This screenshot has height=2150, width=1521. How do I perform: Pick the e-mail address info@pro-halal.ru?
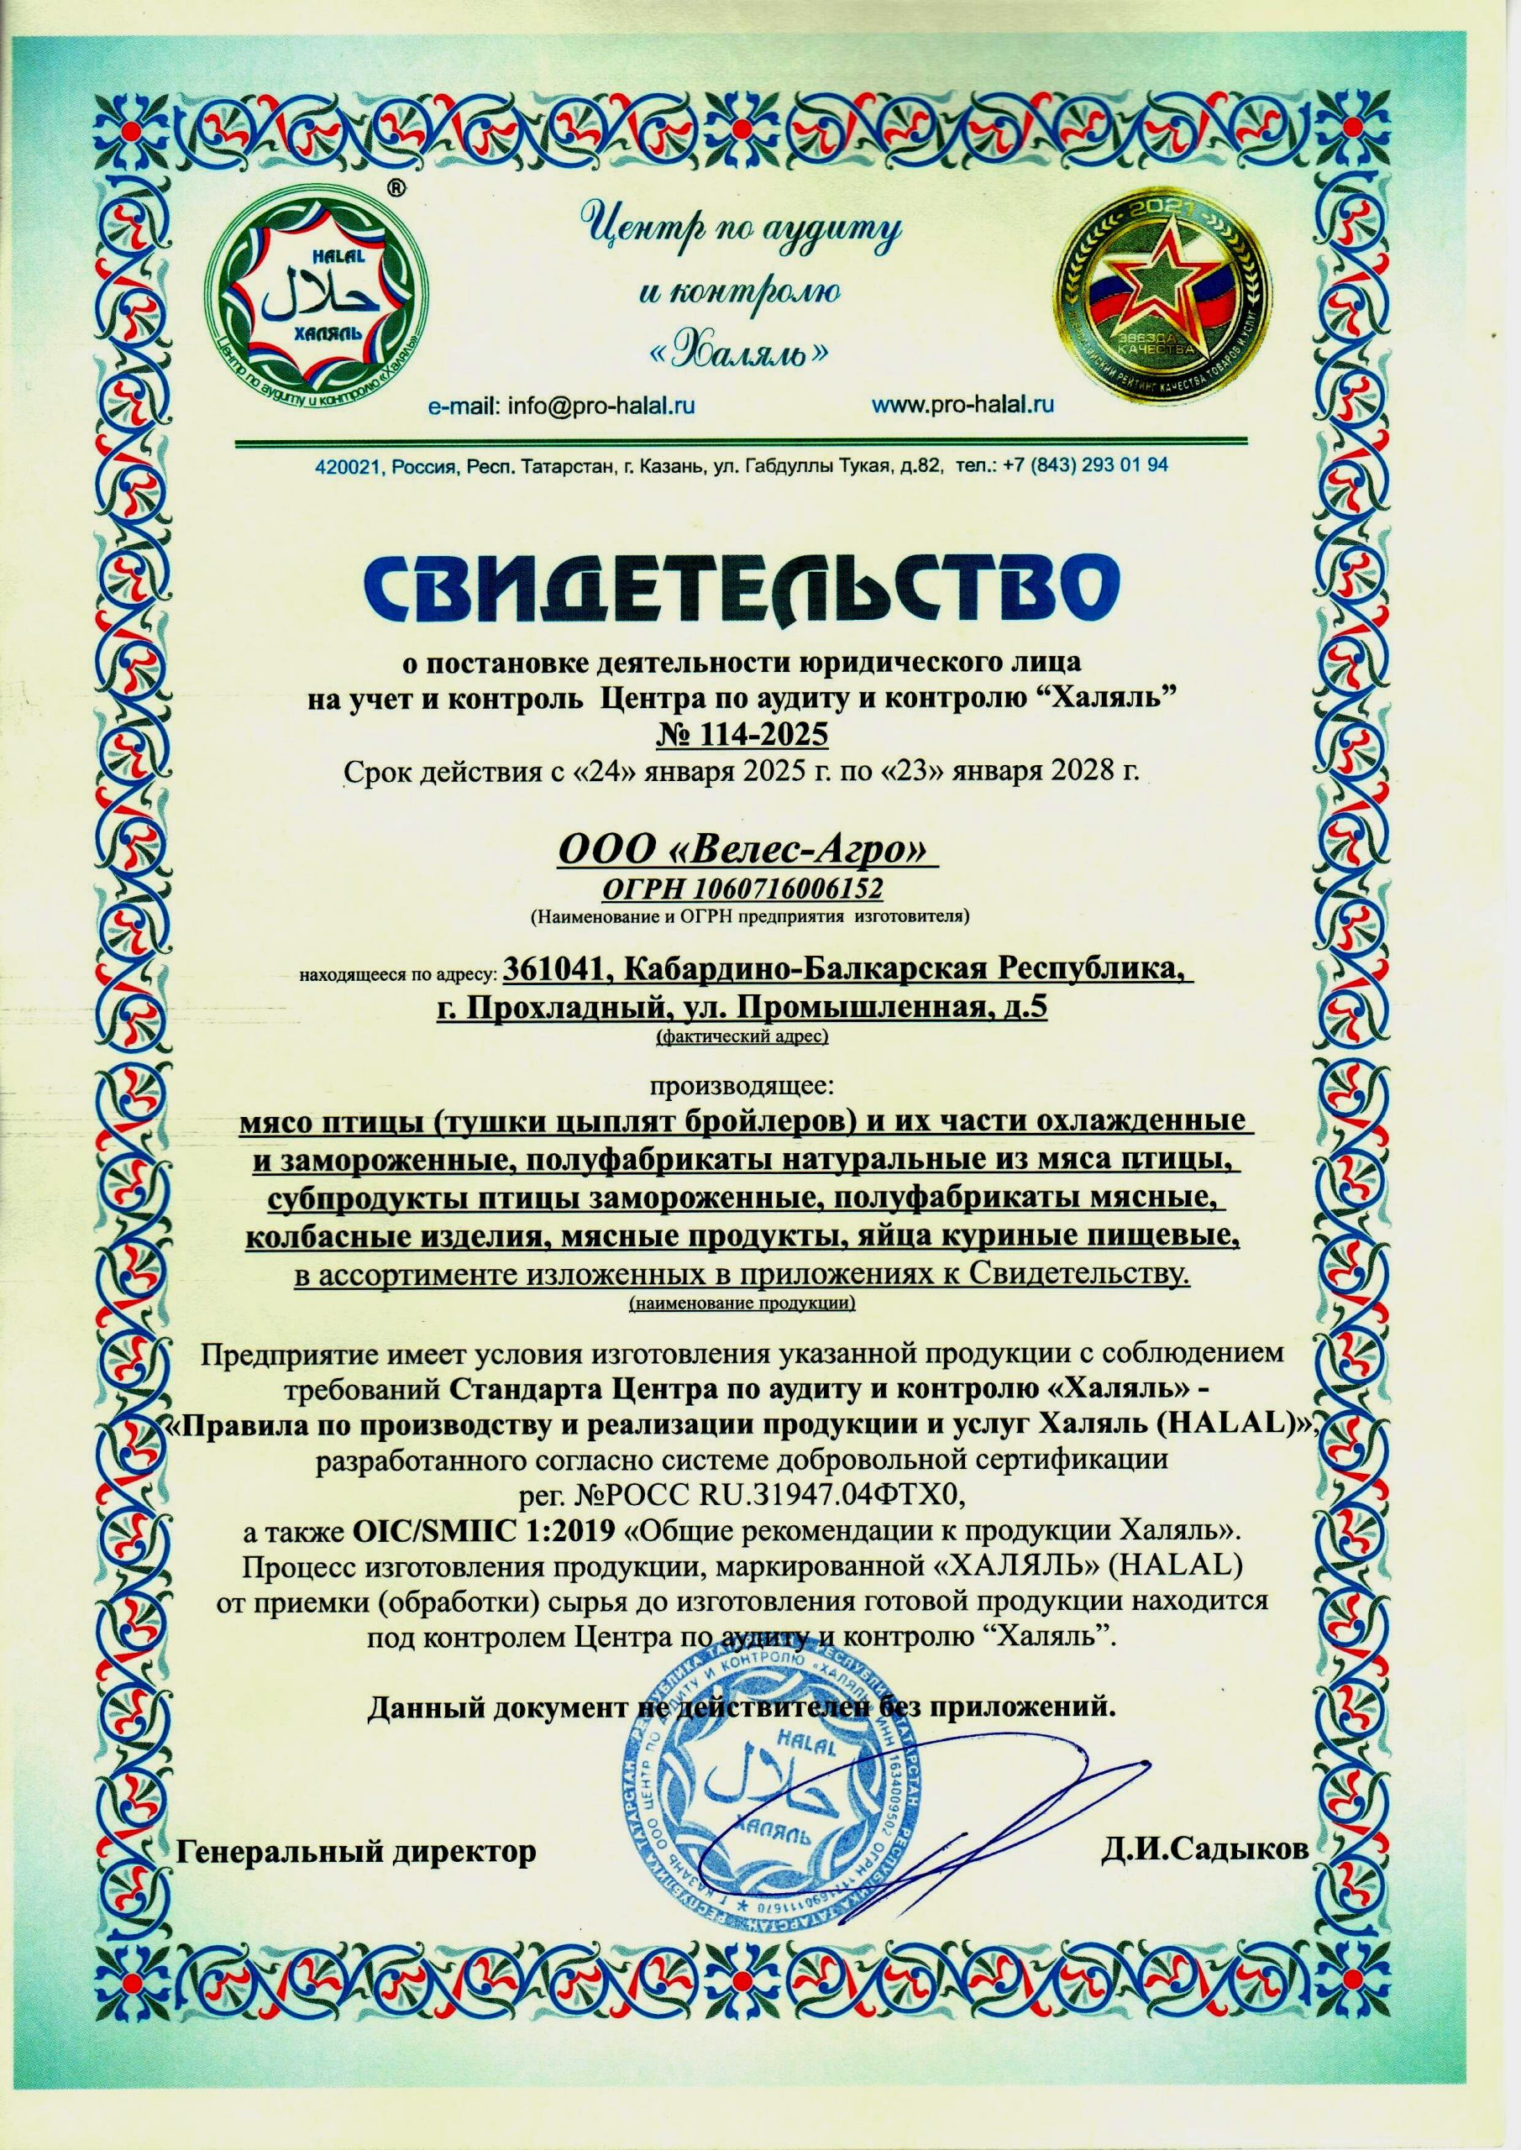click(600, 406)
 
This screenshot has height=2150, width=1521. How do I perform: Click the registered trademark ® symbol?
click(397, 187)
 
